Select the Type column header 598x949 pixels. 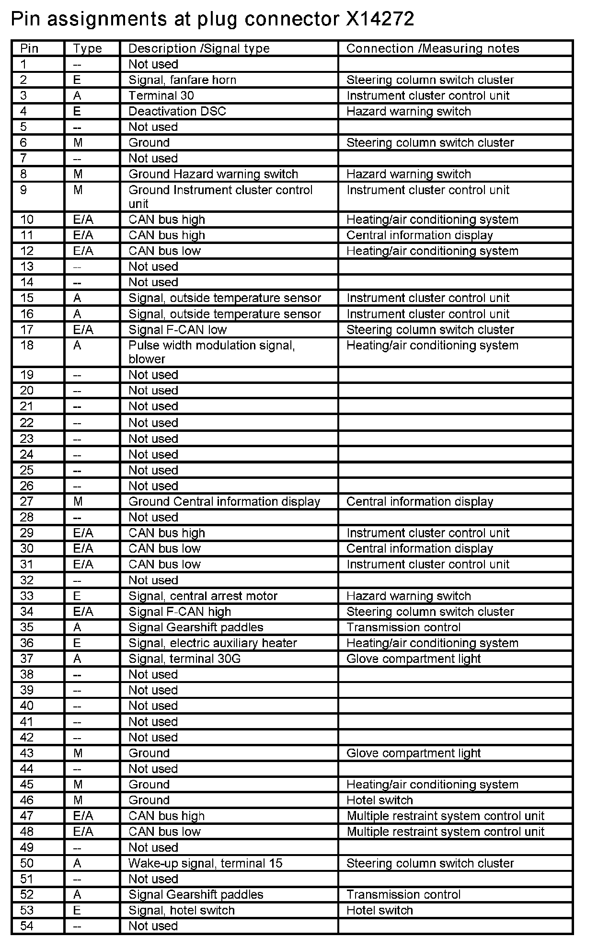click(x=87, y=48)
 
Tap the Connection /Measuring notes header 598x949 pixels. click(x=432, y=48)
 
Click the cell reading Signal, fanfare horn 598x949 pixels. click(x=182, y=80)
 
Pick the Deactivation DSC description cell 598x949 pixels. click(x=177, y=111)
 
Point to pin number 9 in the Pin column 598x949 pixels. click(x=23, y=190)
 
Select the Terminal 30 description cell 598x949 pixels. click(x=161, y=95)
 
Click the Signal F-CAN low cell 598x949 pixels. click(x=177, y=330)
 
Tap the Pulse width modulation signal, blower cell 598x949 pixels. click(x=211, y=352)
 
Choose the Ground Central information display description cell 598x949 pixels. click(x=224, y=502)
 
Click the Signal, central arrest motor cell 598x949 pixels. click(x=203, y=596)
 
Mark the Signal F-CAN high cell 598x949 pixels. click(x=180, y=612)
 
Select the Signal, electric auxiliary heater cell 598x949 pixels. click(x=212, y=643)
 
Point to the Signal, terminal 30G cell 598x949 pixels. click(x=184, y=659)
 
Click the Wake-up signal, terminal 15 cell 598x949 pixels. click(x=205, y=863)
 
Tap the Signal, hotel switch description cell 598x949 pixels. click(x=181, y=910)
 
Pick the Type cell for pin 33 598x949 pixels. click(x=77, y=596)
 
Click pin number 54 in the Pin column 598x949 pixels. click(x=27, y=926)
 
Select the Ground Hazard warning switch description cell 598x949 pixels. click(x=213, y=174)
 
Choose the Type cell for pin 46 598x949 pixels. click(x=78, y=800)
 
